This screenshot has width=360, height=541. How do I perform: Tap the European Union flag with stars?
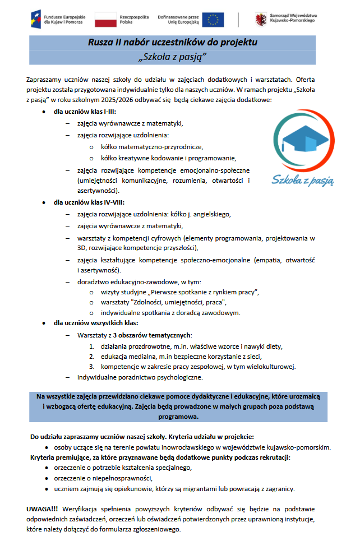coord(213,20)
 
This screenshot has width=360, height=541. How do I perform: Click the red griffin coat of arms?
coord(261,20)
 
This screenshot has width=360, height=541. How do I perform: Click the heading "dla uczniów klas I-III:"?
coord(85,112)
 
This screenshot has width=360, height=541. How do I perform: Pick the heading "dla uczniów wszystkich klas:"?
coord(95,323)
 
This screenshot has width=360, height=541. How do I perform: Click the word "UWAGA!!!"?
coord(42,508)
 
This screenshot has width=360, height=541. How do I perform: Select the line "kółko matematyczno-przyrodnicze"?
coord(151,146)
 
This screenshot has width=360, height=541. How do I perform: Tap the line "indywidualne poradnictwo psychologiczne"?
coord(140,377)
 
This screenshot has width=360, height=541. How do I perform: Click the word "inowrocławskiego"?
coord(191,447)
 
